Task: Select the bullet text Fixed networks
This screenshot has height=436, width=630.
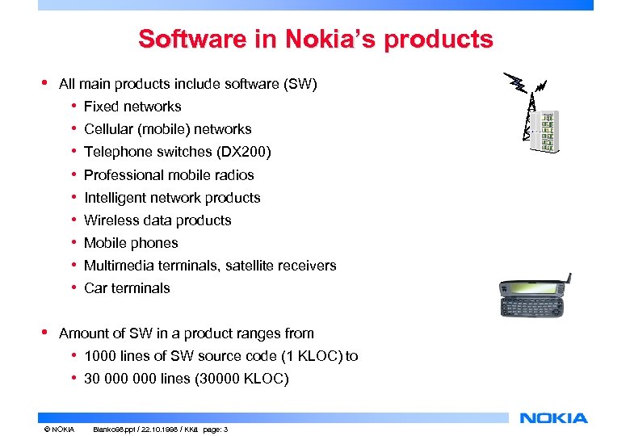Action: [132, 106]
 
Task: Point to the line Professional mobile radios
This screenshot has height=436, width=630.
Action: [169, 174]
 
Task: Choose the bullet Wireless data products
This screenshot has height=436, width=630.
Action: [157, 220]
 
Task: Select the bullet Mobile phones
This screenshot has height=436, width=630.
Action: [131, 242]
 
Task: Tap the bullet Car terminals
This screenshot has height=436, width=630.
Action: [127, 287]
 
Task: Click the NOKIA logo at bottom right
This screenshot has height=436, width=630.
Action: [553, 417]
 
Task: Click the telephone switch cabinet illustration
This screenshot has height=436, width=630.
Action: [548, 132]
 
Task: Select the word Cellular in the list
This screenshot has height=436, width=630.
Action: [109, 128]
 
